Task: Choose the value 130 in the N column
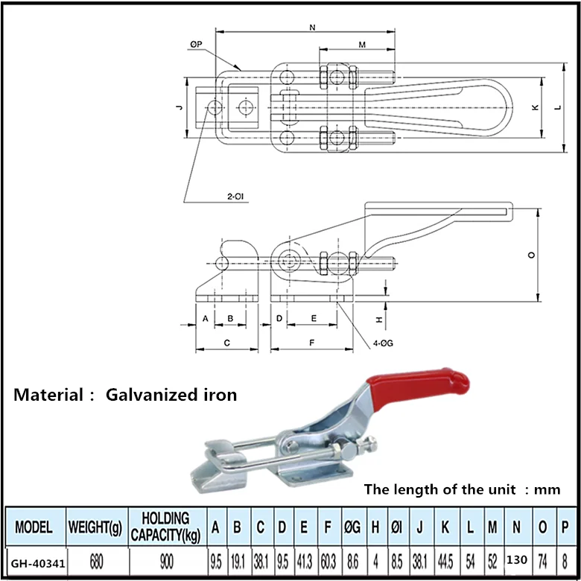click(x=517, y=558)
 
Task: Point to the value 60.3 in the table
click(x=327, y=559)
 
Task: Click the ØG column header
click(x=352, y=527)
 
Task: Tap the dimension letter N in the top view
click(x=311, y=28)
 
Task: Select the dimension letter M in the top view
click(x=362, y=45)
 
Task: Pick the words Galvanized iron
click(x=171, y=395)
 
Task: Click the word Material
click(x=49, y=395)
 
